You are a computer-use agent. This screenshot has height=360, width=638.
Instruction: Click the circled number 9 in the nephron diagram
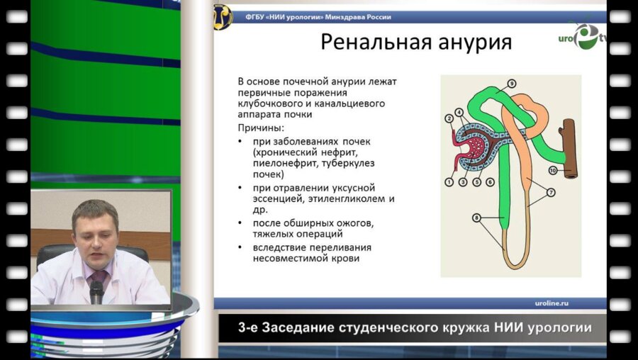512,84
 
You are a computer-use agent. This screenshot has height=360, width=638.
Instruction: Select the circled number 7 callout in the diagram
551,192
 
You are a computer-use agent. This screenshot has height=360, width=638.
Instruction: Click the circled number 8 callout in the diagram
476,218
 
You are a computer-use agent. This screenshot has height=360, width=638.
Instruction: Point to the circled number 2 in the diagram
449,118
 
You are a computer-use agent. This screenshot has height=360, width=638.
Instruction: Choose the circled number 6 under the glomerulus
490,182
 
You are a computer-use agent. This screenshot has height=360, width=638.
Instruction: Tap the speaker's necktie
100,277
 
